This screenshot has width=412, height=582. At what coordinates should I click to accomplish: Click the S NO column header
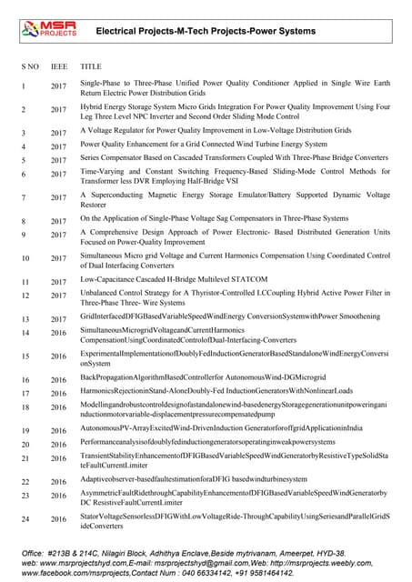tap(29, 67)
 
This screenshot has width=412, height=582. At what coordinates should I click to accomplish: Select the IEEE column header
tap(58, 67)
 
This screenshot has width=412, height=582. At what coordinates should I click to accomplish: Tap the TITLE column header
tap(91, 67)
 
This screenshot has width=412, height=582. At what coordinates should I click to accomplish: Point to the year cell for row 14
tap(58, 334)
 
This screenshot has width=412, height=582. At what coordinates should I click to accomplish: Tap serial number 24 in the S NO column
tap(25, 519)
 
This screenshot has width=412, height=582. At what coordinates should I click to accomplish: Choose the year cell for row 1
tap(58, 87)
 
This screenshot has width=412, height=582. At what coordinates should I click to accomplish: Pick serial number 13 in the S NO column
tap(25, 319)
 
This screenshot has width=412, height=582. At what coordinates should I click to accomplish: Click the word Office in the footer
tap(35, 553)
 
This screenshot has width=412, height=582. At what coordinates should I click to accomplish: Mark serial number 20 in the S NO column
tap(25, 445)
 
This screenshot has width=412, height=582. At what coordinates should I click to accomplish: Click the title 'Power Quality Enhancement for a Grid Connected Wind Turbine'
tap(204, 144)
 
